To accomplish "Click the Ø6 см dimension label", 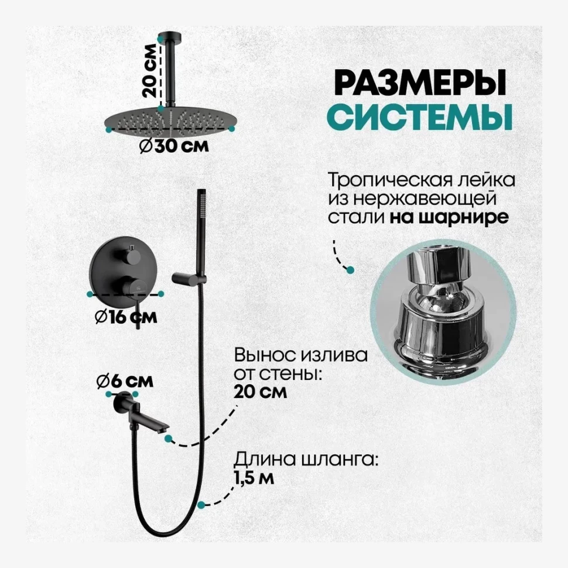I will click(x=125, y=381).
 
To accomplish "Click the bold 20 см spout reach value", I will click(x=261, y=392).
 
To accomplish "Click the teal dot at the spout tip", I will click(x=169, y=437).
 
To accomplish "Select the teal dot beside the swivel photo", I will click(x=350, y=270).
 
